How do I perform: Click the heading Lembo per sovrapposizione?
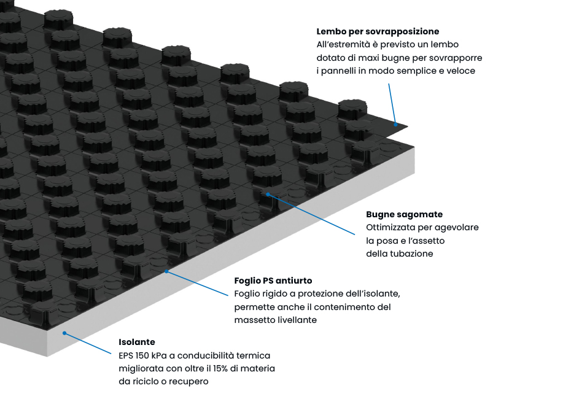[378, 31]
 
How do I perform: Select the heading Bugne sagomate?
[404, 214]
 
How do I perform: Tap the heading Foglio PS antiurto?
[273, 281]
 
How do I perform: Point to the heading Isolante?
[136, 342]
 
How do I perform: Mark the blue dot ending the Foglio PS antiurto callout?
[166, 271]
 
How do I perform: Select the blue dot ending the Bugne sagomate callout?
[268, 195]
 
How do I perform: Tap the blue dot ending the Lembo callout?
[396, 125]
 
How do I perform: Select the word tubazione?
[412, 254]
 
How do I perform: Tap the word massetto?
[254, 320]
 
